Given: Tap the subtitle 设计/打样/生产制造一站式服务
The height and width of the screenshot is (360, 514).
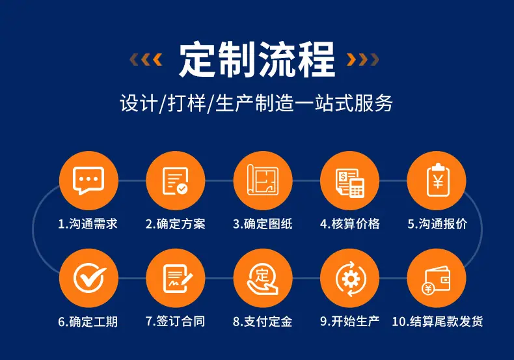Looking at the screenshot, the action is [256, 104].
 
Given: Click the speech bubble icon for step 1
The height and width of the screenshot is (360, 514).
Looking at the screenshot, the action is [88, 180].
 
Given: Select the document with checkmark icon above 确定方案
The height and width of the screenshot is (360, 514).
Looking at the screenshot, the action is [176, 181].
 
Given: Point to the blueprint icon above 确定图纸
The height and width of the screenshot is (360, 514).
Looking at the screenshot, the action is [263, 180].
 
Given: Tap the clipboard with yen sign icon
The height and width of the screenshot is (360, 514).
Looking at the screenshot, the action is [438, 180].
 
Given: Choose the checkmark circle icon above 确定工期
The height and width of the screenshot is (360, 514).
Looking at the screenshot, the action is [89, 278].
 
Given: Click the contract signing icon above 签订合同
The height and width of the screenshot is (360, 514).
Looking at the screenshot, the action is [178, 279].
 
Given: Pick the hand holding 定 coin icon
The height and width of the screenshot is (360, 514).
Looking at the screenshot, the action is [263, 279].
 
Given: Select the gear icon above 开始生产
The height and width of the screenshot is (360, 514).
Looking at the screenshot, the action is [350, 279].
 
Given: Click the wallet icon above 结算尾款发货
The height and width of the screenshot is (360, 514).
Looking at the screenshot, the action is [437, 280].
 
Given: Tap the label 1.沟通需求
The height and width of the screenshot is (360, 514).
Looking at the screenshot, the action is [88, 224].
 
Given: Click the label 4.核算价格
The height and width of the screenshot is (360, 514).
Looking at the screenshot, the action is [350, 224].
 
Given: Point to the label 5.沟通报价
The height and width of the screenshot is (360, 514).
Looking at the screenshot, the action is [437, 224].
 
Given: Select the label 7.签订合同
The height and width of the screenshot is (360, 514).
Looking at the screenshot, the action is [176, 322].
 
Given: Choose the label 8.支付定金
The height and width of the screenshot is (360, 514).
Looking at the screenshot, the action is [263, 322].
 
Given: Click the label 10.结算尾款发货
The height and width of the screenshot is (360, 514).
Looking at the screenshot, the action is [437, 322].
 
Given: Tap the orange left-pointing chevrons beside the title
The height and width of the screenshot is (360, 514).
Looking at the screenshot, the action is [146, 59].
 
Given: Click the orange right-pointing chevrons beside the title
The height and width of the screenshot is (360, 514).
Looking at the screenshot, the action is [363, 59].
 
